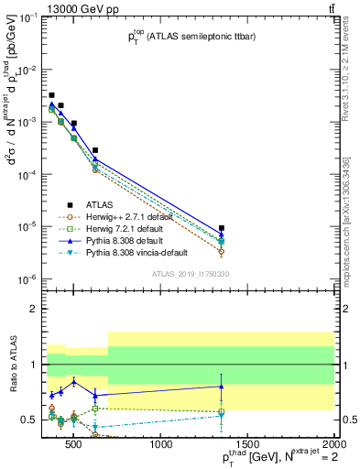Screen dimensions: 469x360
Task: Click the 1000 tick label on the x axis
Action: pyautogui.click(x=161, y=444)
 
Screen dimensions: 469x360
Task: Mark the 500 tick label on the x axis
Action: pyautogui.click(x=76, y=444)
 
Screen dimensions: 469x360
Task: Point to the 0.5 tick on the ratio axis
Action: pyautogui.click(x=29, y=419)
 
